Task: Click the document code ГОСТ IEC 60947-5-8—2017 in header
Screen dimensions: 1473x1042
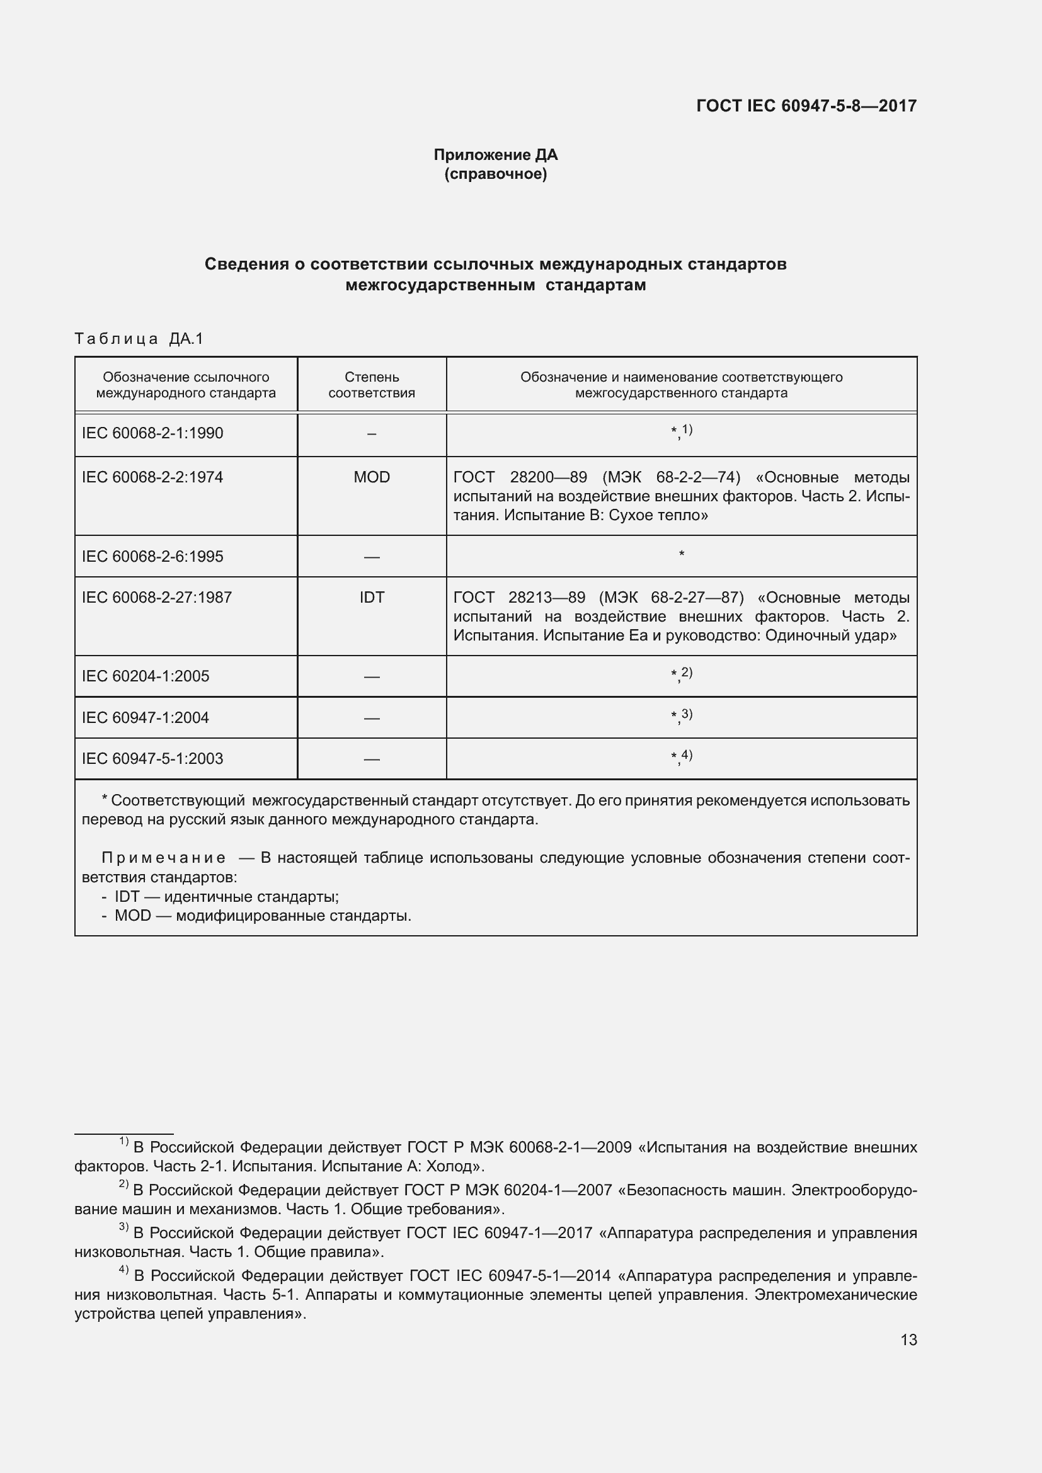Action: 806,106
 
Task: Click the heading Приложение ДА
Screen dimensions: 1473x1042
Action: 495,155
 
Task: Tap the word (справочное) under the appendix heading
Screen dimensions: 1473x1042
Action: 495,174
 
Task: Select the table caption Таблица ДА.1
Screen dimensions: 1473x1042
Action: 139,339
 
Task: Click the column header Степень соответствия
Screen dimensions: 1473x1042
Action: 372,385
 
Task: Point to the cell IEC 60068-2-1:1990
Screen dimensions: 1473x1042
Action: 152,433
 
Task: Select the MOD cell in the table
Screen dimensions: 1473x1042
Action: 372,477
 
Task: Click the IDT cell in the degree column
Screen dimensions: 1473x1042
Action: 372,597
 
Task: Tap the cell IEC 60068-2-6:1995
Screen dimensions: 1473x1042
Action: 152,556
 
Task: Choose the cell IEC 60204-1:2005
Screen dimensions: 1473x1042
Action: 146,676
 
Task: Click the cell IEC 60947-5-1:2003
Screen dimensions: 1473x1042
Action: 152,758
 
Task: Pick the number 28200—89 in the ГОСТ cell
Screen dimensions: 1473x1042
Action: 548,477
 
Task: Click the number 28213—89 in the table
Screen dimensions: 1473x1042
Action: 547,597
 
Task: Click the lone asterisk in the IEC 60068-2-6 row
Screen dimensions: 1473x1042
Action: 682,554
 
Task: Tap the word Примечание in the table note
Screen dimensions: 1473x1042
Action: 164,858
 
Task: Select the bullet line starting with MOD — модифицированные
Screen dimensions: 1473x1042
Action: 256,916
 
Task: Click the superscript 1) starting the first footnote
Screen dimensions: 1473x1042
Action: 124,1142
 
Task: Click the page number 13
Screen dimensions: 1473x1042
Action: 908,1339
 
